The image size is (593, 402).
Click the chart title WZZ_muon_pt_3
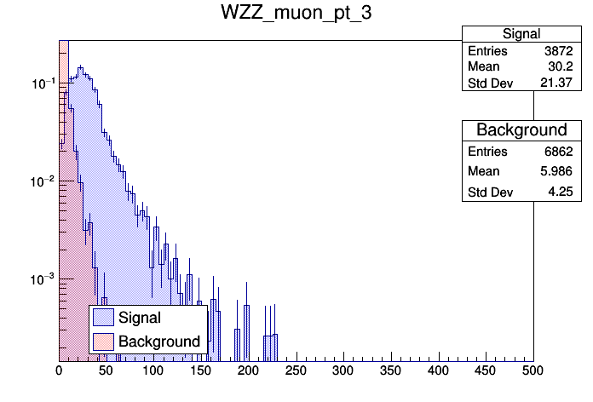click(x=296, y=14)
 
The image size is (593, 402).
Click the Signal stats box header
click(x=521, y=34)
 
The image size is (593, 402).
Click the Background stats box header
click(x=521, y=130)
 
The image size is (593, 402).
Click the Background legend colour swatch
click(x=104, y=342)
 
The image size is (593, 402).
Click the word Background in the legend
click(x=159, y=342)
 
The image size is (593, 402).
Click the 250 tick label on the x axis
click(x=296, y=371)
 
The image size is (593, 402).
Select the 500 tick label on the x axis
click(x=533, y=371)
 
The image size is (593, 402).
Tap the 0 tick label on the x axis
click(x=59, y=371)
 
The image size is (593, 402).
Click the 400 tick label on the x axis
click(x=438, y=371)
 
